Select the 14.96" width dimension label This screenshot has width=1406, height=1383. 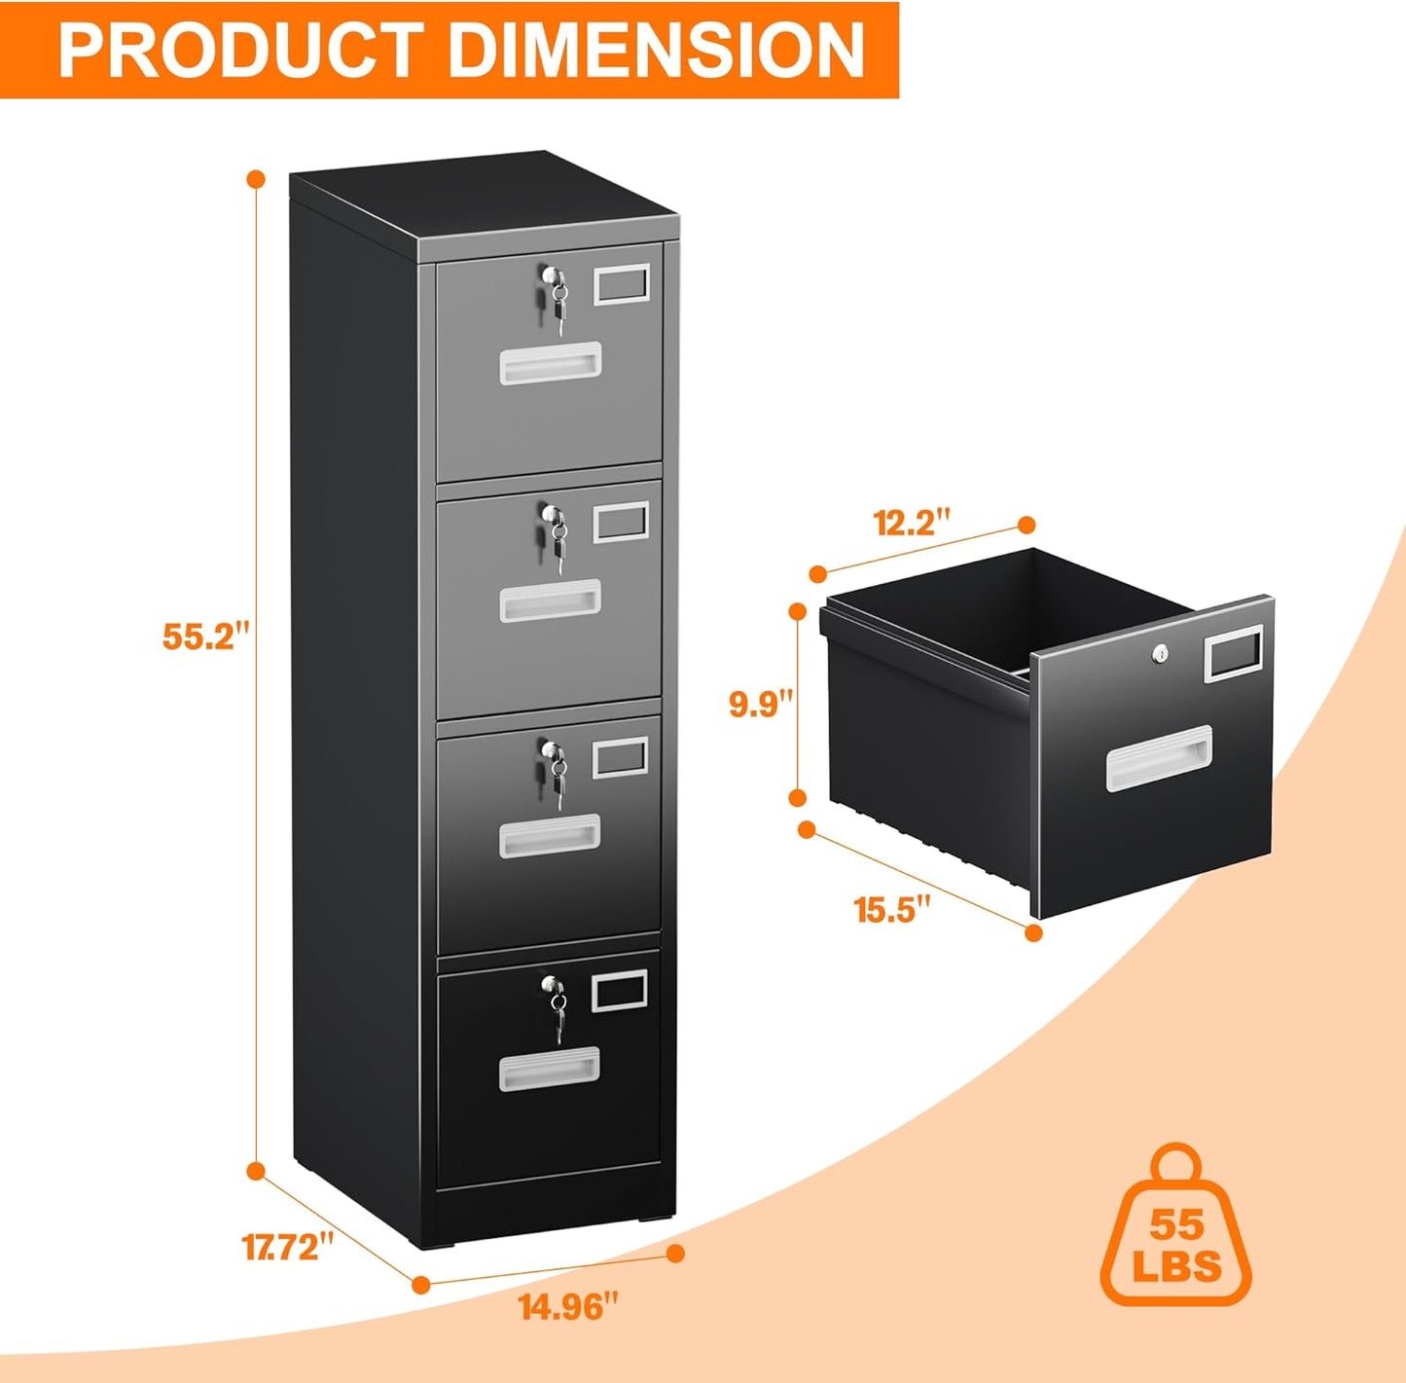(x=568, y=1306)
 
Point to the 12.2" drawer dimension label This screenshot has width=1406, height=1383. (x=911, y=523)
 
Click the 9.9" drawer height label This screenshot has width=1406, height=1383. (x=762, y=703)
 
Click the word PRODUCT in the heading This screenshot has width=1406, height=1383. (x=239, y=50)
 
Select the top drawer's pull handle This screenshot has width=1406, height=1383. (x=550, y=363)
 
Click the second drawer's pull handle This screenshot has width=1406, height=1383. (x=550, y=601)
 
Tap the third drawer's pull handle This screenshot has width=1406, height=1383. (x=550, y=836)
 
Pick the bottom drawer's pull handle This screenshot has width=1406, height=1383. (x=550, y=1069)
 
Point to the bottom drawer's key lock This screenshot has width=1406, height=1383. (x=554, y=995)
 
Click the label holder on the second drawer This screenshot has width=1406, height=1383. (x=620, y=522)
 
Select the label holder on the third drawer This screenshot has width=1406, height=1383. (x=620, y=756)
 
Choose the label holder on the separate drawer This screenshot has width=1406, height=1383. (x=1233, y=652)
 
